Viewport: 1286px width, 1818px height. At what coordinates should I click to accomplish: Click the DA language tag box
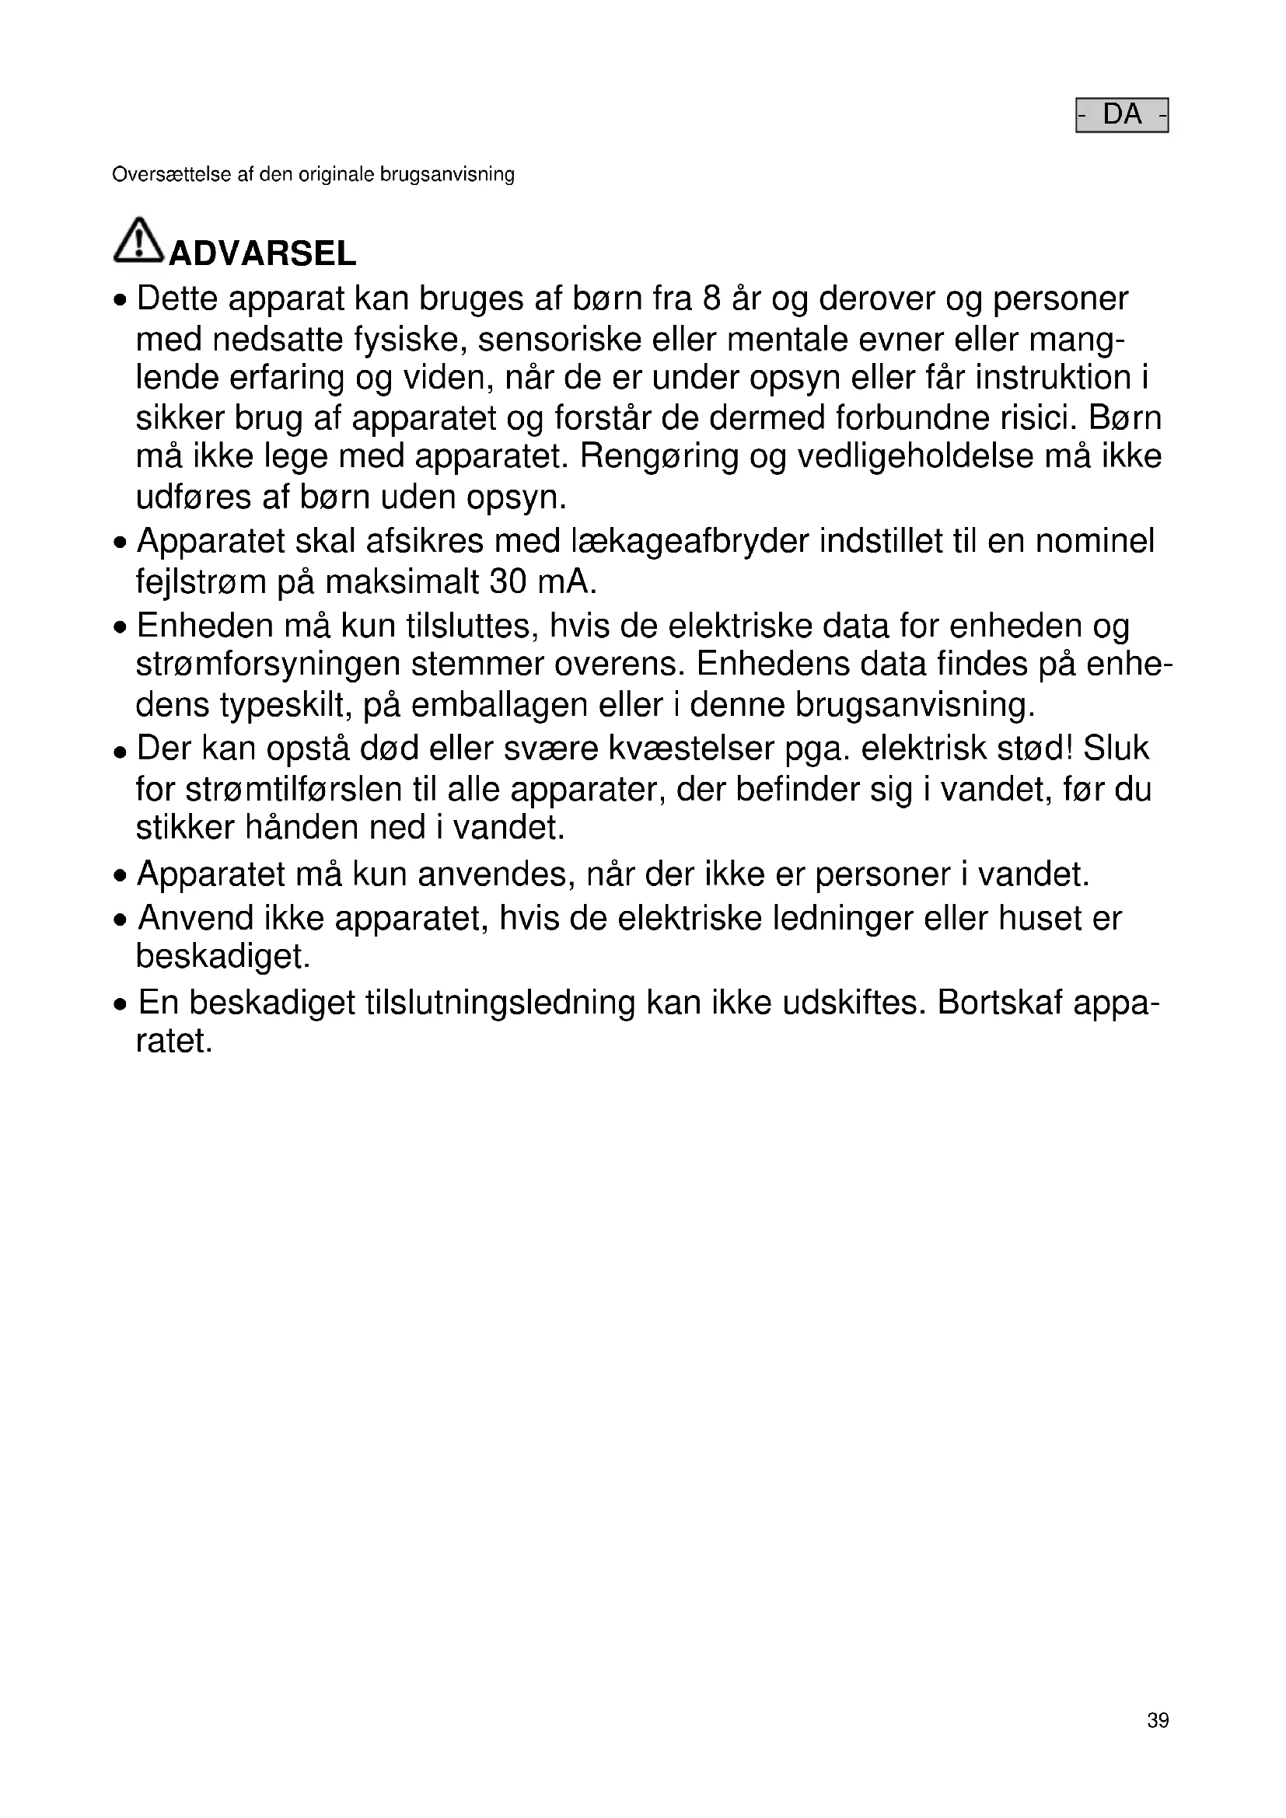point(1121,116)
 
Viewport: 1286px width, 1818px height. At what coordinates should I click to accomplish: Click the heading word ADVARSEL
point(262,254)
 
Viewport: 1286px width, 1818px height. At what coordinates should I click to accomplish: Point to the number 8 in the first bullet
point(711,299)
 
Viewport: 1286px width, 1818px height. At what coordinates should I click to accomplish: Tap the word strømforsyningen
point(267,665)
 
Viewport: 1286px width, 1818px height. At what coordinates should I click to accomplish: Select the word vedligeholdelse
point(915,457)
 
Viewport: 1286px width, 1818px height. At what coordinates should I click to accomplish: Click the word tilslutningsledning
point(500,1003)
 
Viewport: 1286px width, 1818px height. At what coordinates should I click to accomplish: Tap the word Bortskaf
point(999,1003)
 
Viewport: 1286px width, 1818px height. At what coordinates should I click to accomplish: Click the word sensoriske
point(558,340)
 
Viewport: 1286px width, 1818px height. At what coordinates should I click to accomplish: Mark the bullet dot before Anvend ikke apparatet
point(121,921)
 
